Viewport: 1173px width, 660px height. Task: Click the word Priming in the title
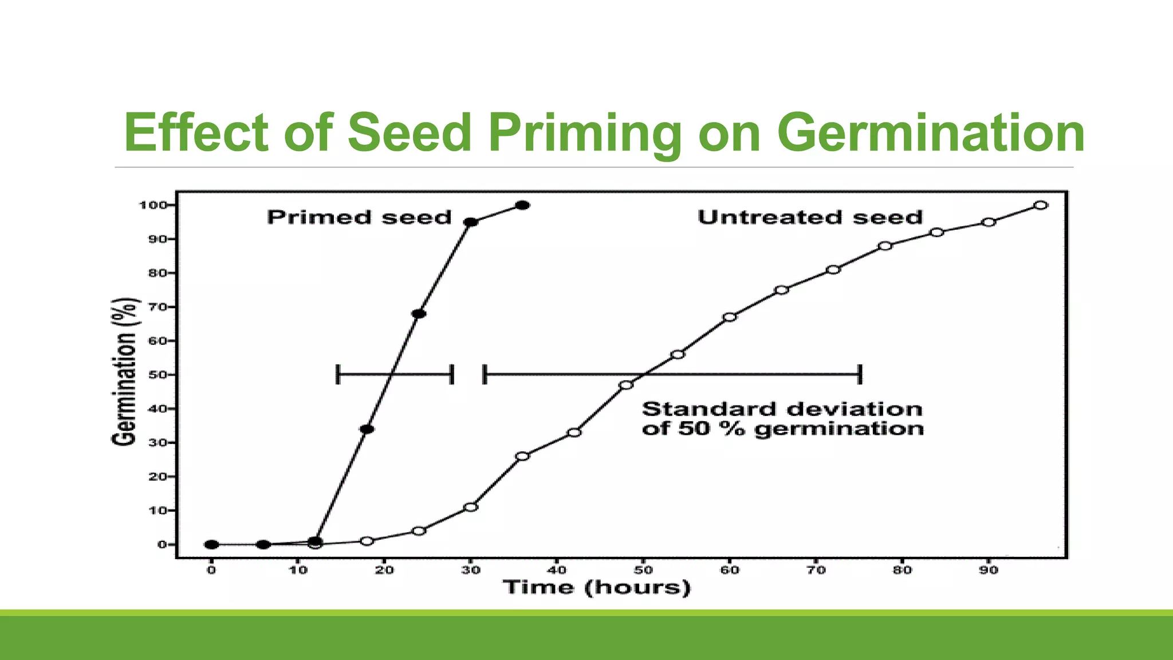[x=585, y=133]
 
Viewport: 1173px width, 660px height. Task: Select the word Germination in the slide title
[x=930, y=133]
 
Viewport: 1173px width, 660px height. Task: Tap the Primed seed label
[x=359, y=218]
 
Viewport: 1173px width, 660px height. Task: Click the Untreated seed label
[x=810, y=218]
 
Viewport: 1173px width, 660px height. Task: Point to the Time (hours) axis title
[x=596, y=588]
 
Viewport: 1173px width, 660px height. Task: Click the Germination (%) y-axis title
[x=124, y=371]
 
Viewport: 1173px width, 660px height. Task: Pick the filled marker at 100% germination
[x=522, y=205]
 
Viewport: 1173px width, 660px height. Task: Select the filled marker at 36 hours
[x=522, y=205]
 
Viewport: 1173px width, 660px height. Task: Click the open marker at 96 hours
[x=1041, y=205]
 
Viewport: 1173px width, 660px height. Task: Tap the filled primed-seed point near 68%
[x=419, y=314]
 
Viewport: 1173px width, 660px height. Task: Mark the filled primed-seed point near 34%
[x=367, y=429]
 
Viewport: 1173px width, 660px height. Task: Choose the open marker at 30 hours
[x=471, y=507]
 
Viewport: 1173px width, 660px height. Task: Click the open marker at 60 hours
[x=730, y=317]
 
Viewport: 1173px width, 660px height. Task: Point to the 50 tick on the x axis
[x=643, y=570]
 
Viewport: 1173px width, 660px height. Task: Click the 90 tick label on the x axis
[x=989, y=570]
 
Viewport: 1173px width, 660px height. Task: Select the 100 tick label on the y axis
[x=152, y=205]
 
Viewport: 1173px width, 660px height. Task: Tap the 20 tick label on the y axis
[x=157, y=477]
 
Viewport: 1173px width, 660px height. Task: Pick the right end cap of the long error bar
[x=860, y=375]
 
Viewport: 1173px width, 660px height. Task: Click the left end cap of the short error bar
[x=338, y=375]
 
